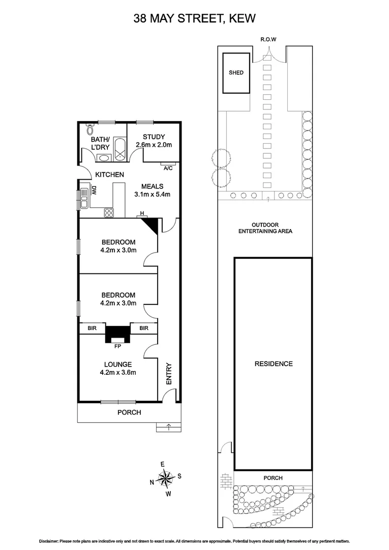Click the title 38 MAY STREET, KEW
coord(194,19)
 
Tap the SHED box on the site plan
coord(236,73)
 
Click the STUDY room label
coord(154,136)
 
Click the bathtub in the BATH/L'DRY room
coord(119,149)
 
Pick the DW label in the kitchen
coord(94,191)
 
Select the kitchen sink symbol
coord(83,199)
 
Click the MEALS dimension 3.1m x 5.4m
coord(152,194)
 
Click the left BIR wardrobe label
coord(92,328)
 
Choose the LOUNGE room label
coord(118,364)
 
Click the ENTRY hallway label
coord(169,373)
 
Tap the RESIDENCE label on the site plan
coord(273,364)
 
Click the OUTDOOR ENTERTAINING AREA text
coord(265,228)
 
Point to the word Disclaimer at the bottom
coord(49,541)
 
